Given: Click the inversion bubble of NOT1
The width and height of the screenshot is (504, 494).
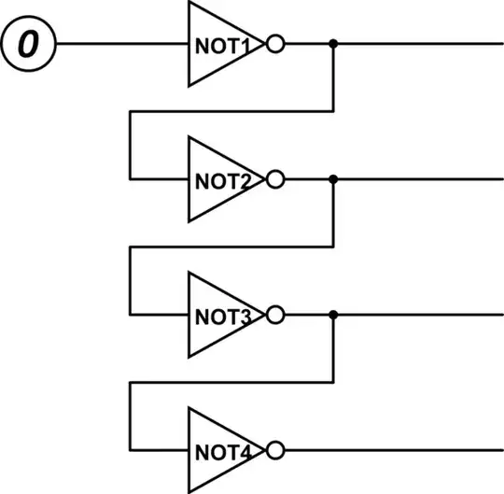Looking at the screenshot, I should [x=274, y=44].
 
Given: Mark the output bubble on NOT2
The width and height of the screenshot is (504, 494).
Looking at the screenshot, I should [x=274, y=179].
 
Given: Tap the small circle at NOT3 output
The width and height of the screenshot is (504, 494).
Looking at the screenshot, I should [x=274, y=316].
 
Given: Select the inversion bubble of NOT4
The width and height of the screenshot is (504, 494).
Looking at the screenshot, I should [x=274, y=452].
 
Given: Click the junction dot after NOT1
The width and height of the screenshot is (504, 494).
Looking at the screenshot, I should [x=333, y=44].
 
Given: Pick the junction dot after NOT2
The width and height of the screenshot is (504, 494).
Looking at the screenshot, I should [x=333, y=179].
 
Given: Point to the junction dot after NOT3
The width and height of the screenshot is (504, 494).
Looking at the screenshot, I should [x=333, y=316].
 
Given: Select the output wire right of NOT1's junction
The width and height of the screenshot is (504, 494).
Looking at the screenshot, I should [x=420, y=44].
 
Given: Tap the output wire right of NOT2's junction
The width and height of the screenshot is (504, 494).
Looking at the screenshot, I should [x=420, y=179].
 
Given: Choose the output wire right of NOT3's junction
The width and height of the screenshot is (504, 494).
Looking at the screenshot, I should [x=420, y=316].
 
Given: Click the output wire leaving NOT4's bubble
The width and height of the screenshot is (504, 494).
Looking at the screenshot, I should [x=392, y=452].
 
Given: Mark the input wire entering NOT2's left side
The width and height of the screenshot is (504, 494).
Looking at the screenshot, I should [x=159, y=179].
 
